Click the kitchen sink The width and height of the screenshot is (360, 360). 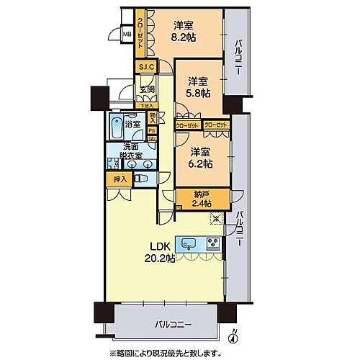pyautogui.click(x=189, y=243)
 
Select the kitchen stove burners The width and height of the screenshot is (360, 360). pyautogui.click(x=213, y=243)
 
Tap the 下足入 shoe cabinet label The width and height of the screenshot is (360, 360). pyautogui.click(x=148, y=105)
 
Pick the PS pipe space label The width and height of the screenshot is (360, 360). pyautogui.click(x=152, y=131)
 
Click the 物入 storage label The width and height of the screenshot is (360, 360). pyautogui.click(x=153, y=117)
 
